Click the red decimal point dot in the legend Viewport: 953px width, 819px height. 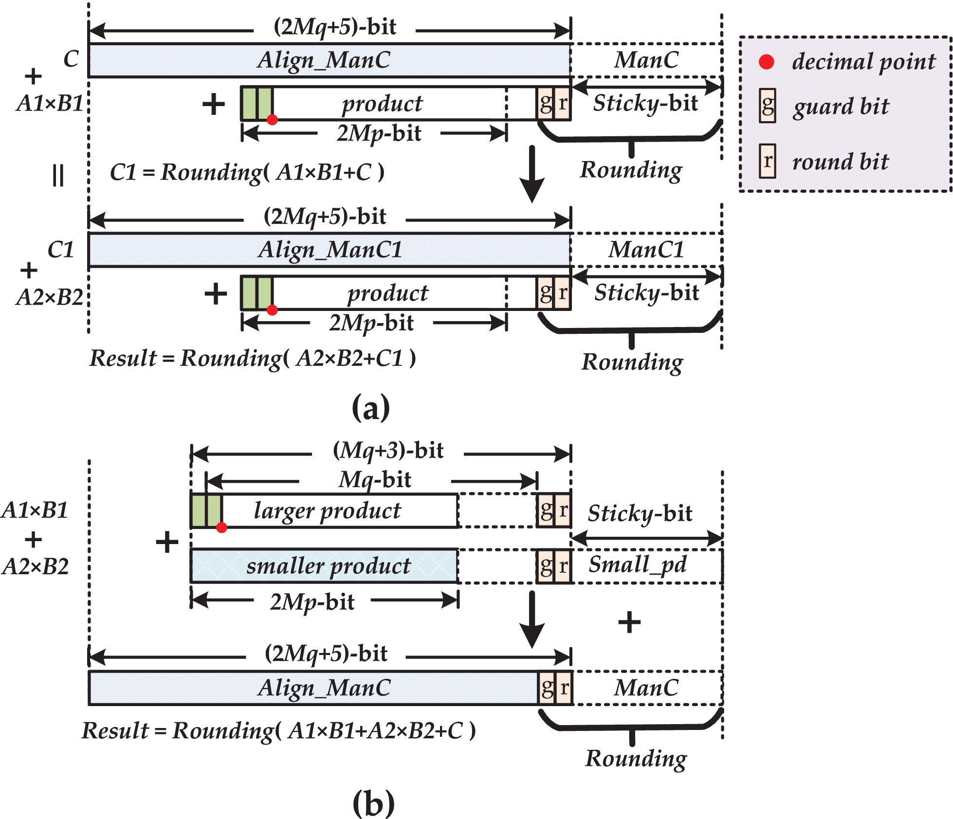[x=767, y=62]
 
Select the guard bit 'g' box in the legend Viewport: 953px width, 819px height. [x=768, y=106]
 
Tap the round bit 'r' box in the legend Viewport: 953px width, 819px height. [x=768, y=161]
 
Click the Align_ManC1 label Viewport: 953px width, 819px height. [x=330, y=250]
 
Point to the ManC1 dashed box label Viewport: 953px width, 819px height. [x=646, y=250]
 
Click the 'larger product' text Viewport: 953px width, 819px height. [x=327, y=510]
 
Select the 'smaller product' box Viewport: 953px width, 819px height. [x=324, y=566]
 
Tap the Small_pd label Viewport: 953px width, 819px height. [x=637, y=564]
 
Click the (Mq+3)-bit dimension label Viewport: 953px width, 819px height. [x=388, y=451]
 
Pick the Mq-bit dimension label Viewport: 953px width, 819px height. [x=375, y=480]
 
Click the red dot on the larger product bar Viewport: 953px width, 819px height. [x=221, y=528]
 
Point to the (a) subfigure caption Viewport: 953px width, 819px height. [x=371, y=408]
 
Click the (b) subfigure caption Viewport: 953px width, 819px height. [x=373, y=803]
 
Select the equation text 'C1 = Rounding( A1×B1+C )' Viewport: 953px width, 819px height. [x=247, y=172]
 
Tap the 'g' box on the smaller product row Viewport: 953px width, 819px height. [x=546, y=566]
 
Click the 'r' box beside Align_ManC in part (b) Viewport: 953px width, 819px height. [x=564, y=688]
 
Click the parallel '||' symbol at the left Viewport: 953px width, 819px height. [x=58, y=175]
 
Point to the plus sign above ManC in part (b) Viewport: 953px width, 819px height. [x=629, y=622]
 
